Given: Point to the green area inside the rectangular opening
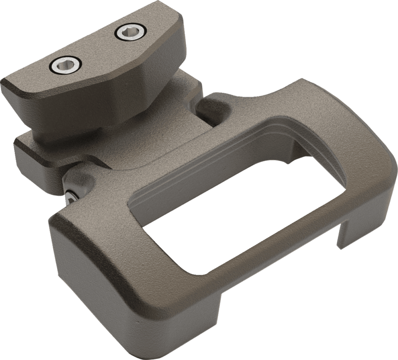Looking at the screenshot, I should pos(231,202).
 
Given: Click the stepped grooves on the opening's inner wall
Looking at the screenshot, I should pos(216,158).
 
